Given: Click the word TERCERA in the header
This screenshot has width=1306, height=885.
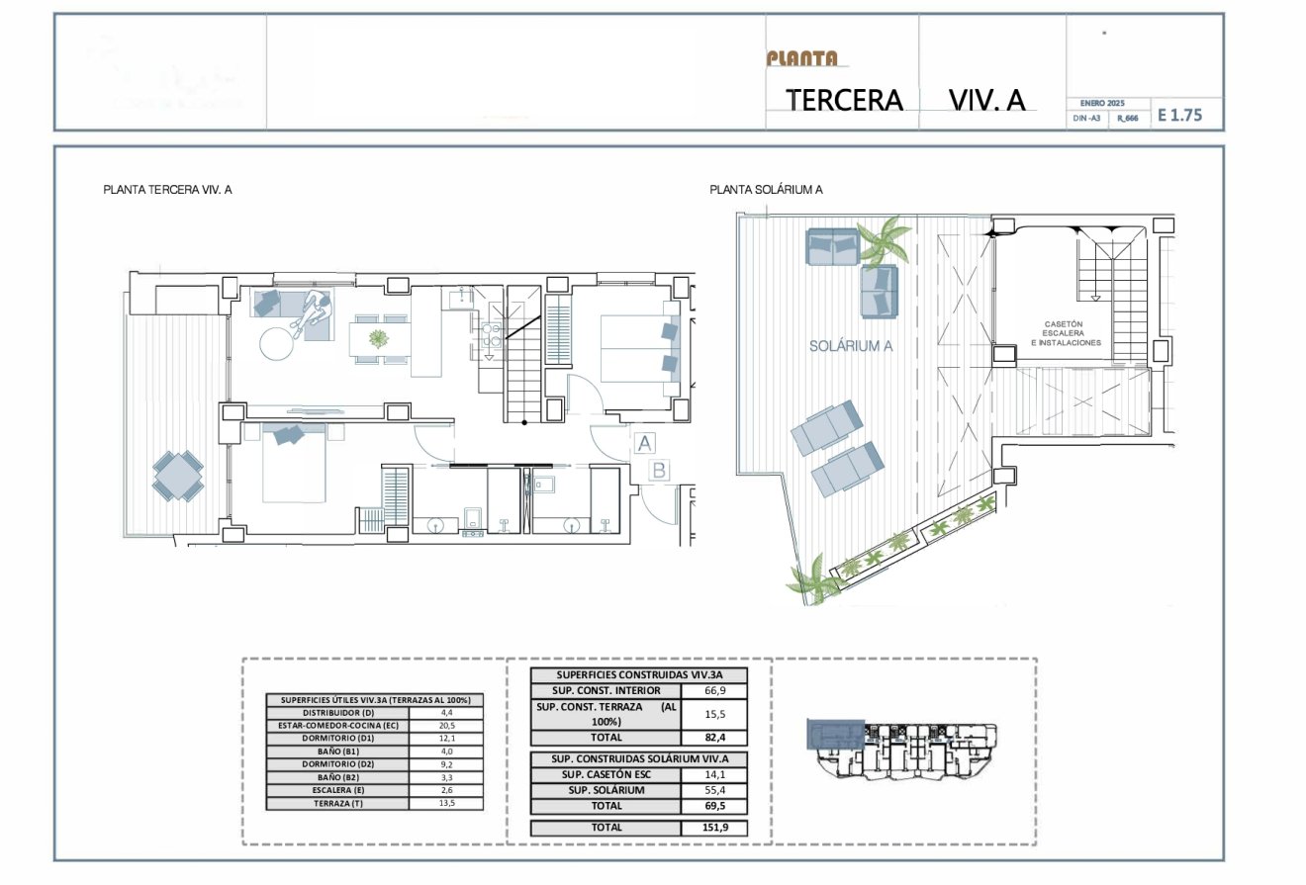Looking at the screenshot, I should click(x=844, y=100).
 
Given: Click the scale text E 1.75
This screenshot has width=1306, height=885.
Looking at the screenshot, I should click(x=1179, y=115).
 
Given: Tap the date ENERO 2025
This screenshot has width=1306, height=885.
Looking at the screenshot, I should click(x=1102, y=103).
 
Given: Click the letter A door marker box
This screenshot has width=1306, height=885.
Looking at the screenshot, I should click(x=643, y=443).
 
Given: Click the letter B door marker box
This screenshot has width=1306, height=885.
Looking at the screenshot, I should click(x=659, y=471).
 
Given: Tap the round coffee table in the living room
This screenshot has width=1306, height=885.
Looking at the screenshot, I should click(x=278, y=344).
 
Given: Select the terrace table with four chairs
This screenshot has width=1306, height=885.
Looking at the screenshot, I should click(x=178, y=476).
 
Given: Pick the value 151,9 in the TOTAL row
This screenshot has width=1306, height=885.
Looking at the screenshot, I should click(x=714, y=828).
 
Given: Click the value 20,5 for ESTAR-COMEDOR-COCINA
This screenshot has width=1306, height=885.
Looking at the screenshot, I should click(x=446, y=725).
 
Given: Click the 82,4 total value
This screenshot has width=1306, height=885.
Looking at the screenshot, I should click(x=714, y=737).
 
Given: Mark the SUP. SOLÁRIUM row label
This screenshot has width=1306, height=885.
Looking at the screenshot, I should click(x=606, y=790).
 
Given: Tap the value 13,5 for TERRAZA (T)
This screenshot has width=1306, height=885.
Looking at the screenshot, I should click(x=446, y=803).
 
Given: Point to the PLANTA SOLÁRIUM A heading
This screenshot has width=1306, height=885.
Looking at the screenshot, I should click(x=766, y=189).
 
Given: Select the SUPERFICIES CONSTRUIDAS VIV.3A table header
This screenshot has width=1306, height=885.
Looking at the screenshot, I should click(x=639, y=674).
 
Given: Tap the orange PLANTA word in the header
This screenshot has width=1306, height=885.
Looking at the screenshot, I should click(x=801, y=58).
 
